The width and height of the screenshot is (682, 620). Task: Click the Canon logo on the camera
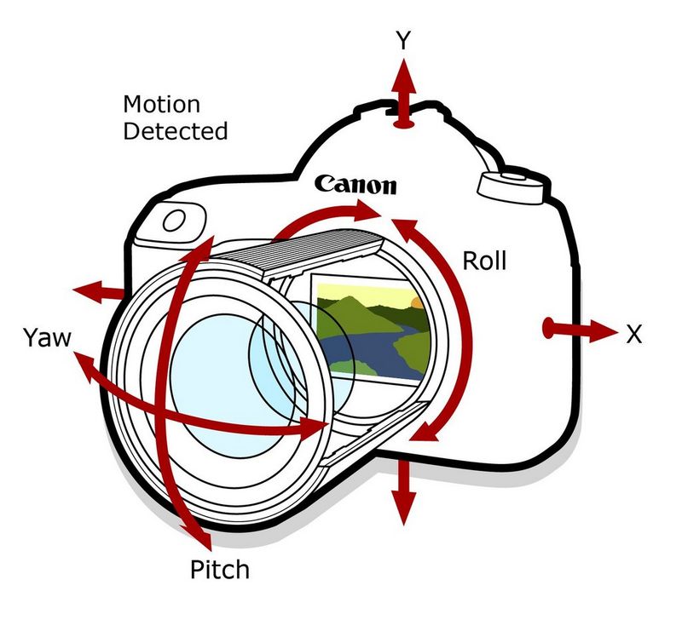tap(355, 183)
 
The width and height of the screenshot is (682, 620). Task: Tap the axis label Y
tap(405, 40)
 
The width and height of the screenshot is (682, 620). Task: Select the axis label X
tap(633, 334)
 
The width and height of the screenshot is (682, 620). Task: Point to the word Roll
tap(484, 261)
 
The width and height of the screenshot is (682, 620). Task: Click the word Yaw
tap(49, 340)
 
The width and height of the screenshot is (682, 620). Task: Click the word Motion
tap(162, 106)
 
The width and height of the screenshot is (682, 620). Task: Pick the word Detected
tap(176, 132)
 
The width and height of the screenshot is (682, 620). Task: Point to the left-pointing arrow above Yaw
tap(88, 292)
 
